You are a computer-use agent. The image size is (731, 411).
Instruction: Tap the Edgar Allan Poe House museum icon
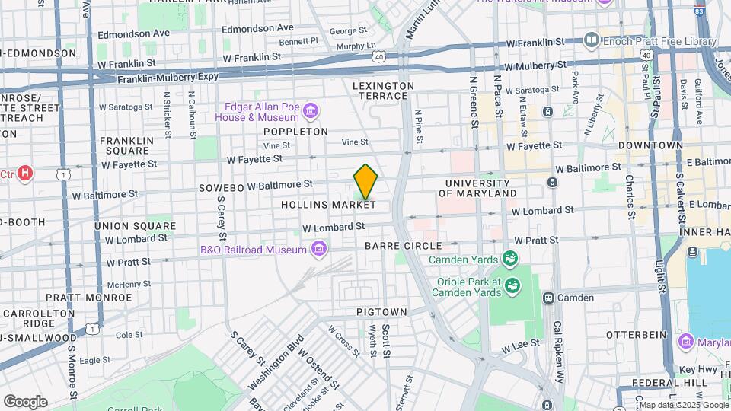coord(311,112)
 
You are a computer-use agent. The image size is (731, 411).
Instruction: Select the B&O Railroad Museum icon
coord(319,249)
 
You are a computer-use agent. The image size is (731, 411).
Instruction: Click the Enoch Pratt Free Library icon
coord(592,40)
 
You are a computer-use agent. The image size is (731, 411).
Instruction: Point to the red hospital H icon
coord(26,174)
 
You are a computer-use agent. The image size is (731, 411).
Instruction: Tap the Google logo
coord(25,401)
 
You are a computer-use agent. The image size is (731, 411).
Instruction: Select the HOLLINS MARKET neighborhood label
coord(328,205)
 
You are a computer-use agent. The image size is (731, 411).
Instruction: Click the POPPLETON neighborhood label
coord(295,132)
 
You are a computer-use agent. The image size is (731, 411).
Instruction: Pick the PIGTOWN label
coord(381,312)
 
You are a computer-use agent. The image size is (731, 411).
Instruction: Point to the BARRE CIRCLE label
coord(403,246)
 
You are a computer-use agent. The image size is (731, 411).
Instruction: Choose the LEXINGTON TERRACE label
coord(384,91)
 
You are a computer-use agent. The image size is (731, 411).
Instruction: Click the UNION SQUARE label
coord(134,226)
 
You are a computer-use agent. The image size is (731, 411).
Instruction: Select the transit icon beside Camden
coord(547,298)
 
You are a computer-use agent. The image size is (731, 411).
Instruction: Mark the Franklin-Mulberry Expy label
coord(168,78)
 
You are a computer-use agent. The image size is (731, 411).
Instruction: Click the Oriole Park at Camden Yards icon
coord(514,285)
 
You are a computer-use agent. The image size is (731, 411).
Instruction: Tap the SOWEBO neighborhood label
coord(221,187)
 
